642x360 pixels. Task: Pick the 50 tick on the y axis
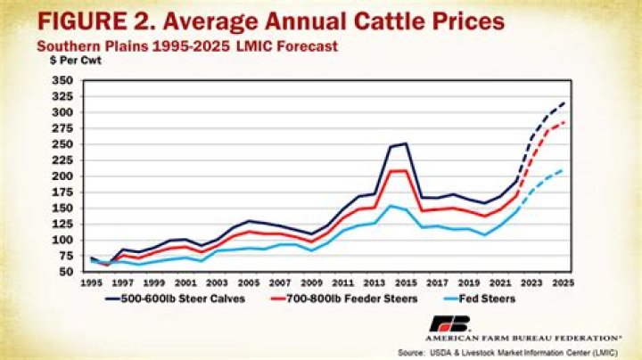64,272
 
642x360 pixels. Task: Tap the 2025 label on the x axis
563,282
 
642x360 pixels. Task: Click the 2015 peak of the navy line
406,143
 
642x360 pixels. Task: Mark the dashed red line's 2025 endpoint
563,122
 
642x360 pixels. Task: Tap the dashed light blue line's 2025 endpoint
563,169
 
